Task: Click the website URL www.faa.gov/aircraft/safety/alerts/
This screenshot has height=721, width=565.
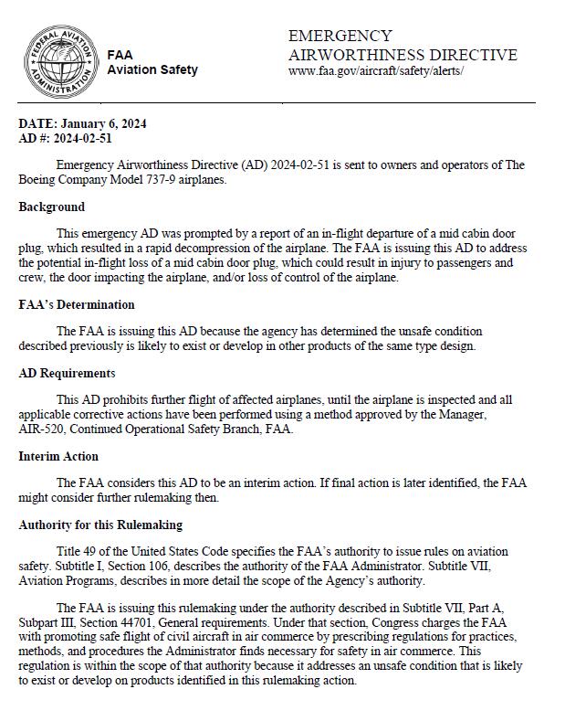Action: point(376,70)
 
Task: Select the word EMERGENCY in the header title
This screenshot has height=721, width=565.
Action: point(340,37)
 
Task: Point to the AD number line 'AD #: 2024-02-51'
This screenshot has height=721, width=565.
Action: point(65,138)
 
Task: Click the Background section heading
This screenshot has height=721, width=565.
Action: point(52,207)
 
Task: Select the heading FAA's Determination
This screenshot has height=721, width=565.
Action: point(77,304)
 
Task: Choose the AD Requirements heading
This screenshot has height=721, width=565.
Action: point(67,373)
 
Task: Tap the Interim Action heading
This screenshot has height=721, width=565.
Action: point(58,456)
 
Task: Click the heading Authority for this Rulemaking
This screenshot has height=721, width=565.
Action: point(100,525)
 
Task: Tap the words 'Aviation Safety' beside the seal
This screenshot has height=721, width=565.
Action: point(152,70)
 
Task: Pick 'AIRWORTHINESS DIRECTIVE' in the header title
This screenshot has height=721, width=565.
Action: point(403,55)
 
